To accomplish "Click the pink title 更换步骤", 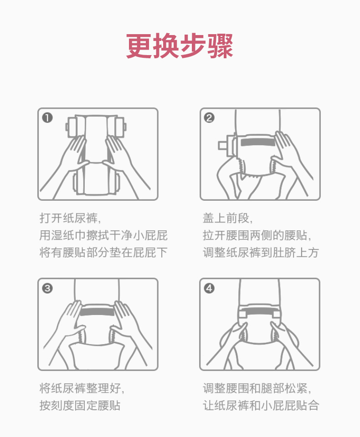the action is click(180, 46).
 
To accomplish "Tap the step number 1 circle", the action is click(47, 117).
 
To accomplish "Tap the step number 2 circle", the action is click(209, 117).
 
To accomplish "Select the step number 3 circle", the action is click(47, 288).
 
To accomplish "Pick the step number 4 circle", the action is click(209, 288).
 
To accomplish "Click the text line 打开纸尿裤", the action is click(70, 218).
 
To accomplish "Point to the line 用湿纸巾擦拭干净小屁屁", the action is click(103, 235).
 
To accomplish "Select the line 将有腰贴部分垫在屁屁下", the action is click(103, 253).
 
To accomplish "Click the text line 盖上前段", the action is click(227, 218).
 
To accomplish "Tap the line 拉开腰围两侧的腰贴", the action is click(257, 235).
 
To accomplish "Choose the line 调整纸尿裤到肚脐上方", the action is click(261, 253).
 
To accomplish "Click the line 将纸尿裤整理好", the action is click(82, 388).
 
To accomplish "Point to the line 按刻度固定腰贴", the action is click(80, 405).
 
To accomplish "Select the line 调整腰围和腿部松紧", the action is click(257, 388).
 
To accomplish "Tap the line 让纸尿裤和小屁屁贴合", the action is click(261, 405).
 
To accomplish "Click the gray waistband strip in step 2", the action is click(258, 142).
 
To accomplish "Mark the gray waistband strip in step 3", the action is click(97, 311).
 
